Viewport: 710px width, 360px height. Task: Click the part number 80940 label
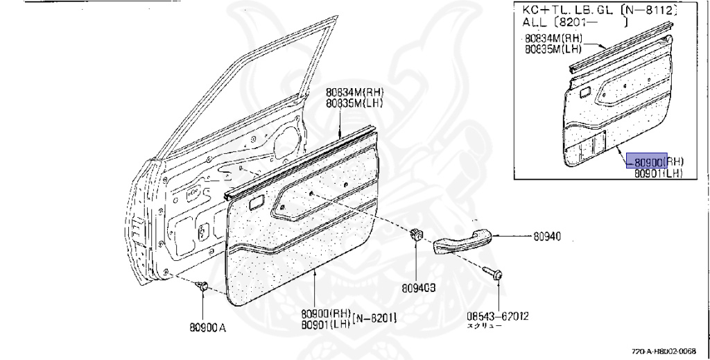pyautogui.click(x=547, y=237)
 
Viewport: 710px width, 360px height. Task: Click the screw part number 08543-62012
pyautogui.click(x=498, y=316)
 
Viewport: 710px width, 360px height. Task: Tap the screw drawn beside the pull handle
pyautogui.click(x=494, y=273)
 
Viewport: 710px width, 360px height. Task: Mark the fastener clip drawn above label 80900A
pyautogui.click(x=203, y=284)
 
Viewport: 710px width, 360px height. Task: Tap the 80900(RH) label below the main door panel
pyautogui.click(x=326, y=314)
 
